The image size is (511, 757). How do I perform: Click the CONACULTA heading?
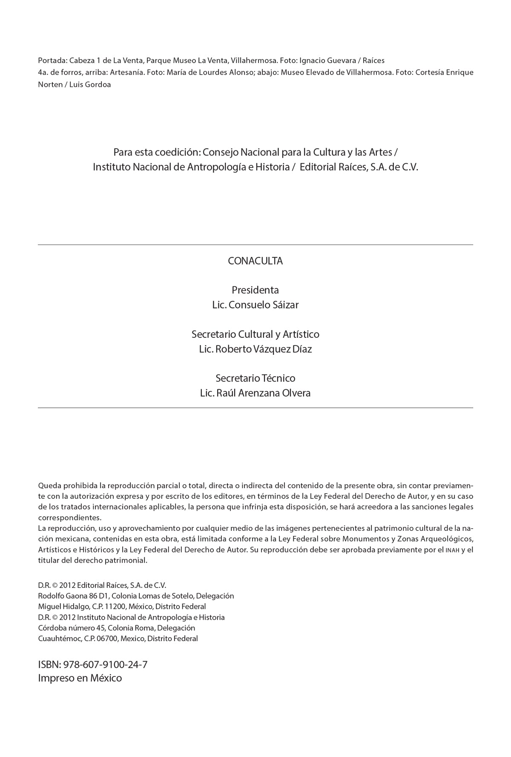(255, 261)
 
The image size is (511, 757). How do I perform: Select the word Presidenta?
(255, 290)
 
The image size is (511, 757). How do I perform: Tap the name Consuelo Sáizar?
(264, 305)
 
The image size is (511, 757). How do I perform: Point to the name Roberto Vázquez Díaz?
(264, 349)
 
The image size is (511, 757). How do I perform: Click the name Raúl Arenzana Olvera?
(264, 393)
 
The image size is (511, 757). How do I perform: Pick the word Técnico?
(278, 378)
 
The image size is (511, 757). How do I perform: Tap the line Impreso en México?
(80, 678)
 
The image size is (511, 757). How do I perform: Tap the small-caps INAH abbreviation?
(452, 550)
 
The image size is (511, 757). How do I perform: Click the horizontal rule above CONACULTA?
(255, 245)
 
